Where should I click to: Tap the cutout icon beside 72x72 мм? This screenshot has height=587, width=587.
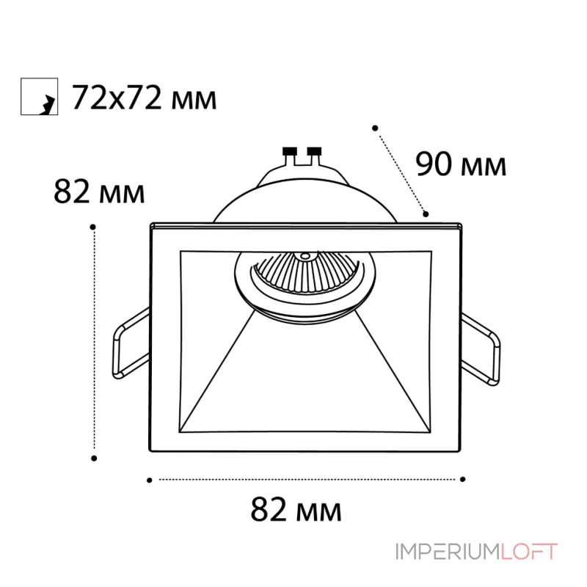click(38, 97)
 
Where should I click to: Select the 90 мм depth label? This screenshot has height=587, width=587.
click(461, 164)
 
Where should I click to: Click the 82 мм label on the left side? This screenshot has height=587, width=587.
click(99, 193)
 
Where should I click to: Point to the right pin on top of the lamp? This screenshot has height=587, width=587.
click(316, 153)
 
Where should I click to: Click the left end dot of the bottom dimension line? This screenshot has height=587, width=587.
click(149, 480)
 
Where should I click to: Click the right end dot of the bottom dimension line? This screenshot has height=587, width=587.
click(462, 480)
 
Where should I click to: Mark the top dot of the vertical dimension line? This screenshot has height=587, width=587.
click(93, 227)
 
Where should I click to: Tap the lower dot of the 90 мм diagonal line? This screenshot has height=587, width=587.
click(426, 214)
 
